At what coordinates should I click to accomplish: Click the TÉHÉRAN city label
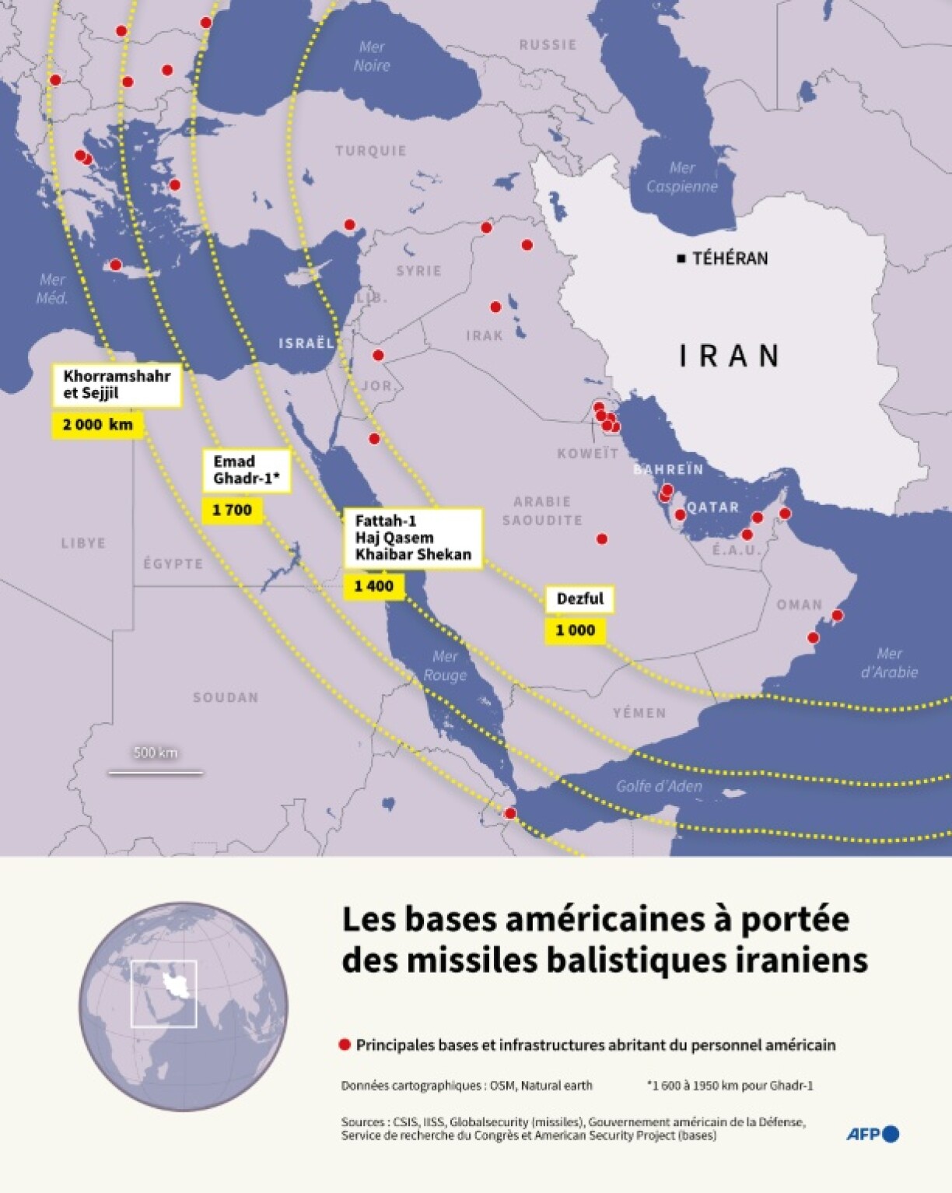[730, 258]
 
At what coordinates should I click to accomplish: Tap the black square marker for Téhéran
[681, 258]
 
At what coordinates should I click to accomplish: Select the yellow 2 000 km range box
[98, 425]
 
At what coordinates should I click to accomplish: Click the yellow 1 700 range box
[232, 510]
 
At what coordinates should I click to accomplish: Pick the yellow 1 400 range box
[374, 586]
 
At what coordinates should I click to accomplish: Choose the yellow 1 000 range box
[575, 630]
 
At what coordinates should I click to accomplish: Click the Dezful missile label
[580, 598]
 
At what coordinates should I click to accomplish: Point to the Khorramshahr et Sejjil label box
[117, 384]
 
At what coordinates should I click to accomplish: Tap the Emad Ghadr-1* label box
[246, 470]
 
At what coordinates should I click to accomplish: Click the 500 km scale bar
[156, 772]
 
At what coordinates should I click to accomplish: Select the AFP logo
[873, 1134]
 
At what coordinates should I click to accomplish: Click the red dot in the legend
[345, 1044]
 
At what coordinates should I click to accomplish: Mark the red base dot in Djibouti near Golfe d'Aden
[510, 813]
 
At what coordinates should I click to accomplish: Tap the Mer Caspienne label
[681, 177]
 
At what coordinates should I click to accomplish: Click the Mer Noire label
[372, 56]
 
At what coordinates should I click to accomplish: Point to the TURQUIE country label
[371, 151]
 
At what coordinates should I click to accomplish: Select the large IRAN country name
[730, 356]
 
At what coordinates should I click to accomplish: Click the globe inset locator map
[184, 1006]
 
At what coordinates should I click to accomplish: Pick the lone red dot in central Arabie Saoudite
[601, 539]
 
